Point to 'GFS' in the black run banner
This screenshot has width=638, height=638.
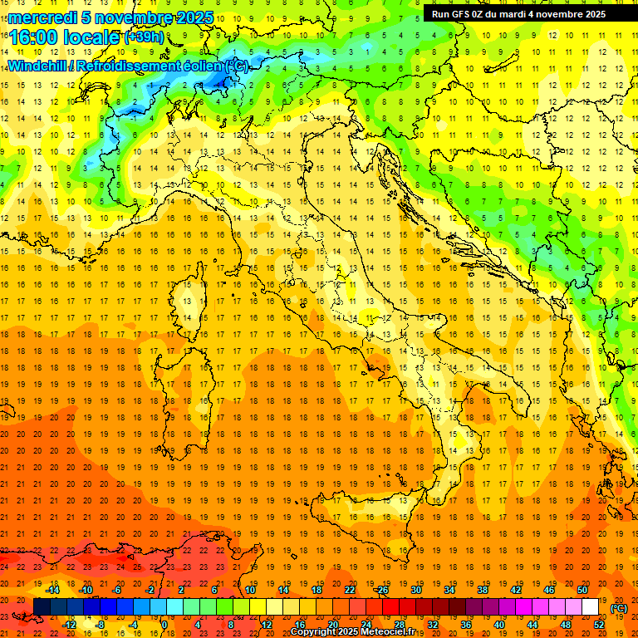(x=462, y=13)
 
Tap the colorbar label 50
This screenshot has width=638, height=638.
(x=582, y=590)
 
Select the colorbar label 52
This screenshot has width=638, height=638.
(x=599, y=625)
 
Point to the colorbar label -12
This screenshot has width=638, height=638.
(x=69, y=625)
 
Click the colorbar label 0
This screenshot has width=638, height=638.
(x=164, y=625)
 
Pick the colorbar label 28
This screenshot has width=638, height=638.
(x=399, y=625)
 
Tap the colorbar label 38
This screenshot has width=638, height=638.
(x=483, y=590)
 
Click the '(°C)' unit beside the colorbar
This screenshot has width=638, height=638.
(x=619, y=608)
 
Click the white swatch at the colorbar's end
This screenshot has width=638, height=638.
(x=591, y=607)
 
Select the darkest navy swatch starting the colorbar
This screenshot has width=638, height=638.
(x=42, y=607)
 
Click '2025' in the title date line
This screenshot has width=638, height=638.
(x=194, y=17)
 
